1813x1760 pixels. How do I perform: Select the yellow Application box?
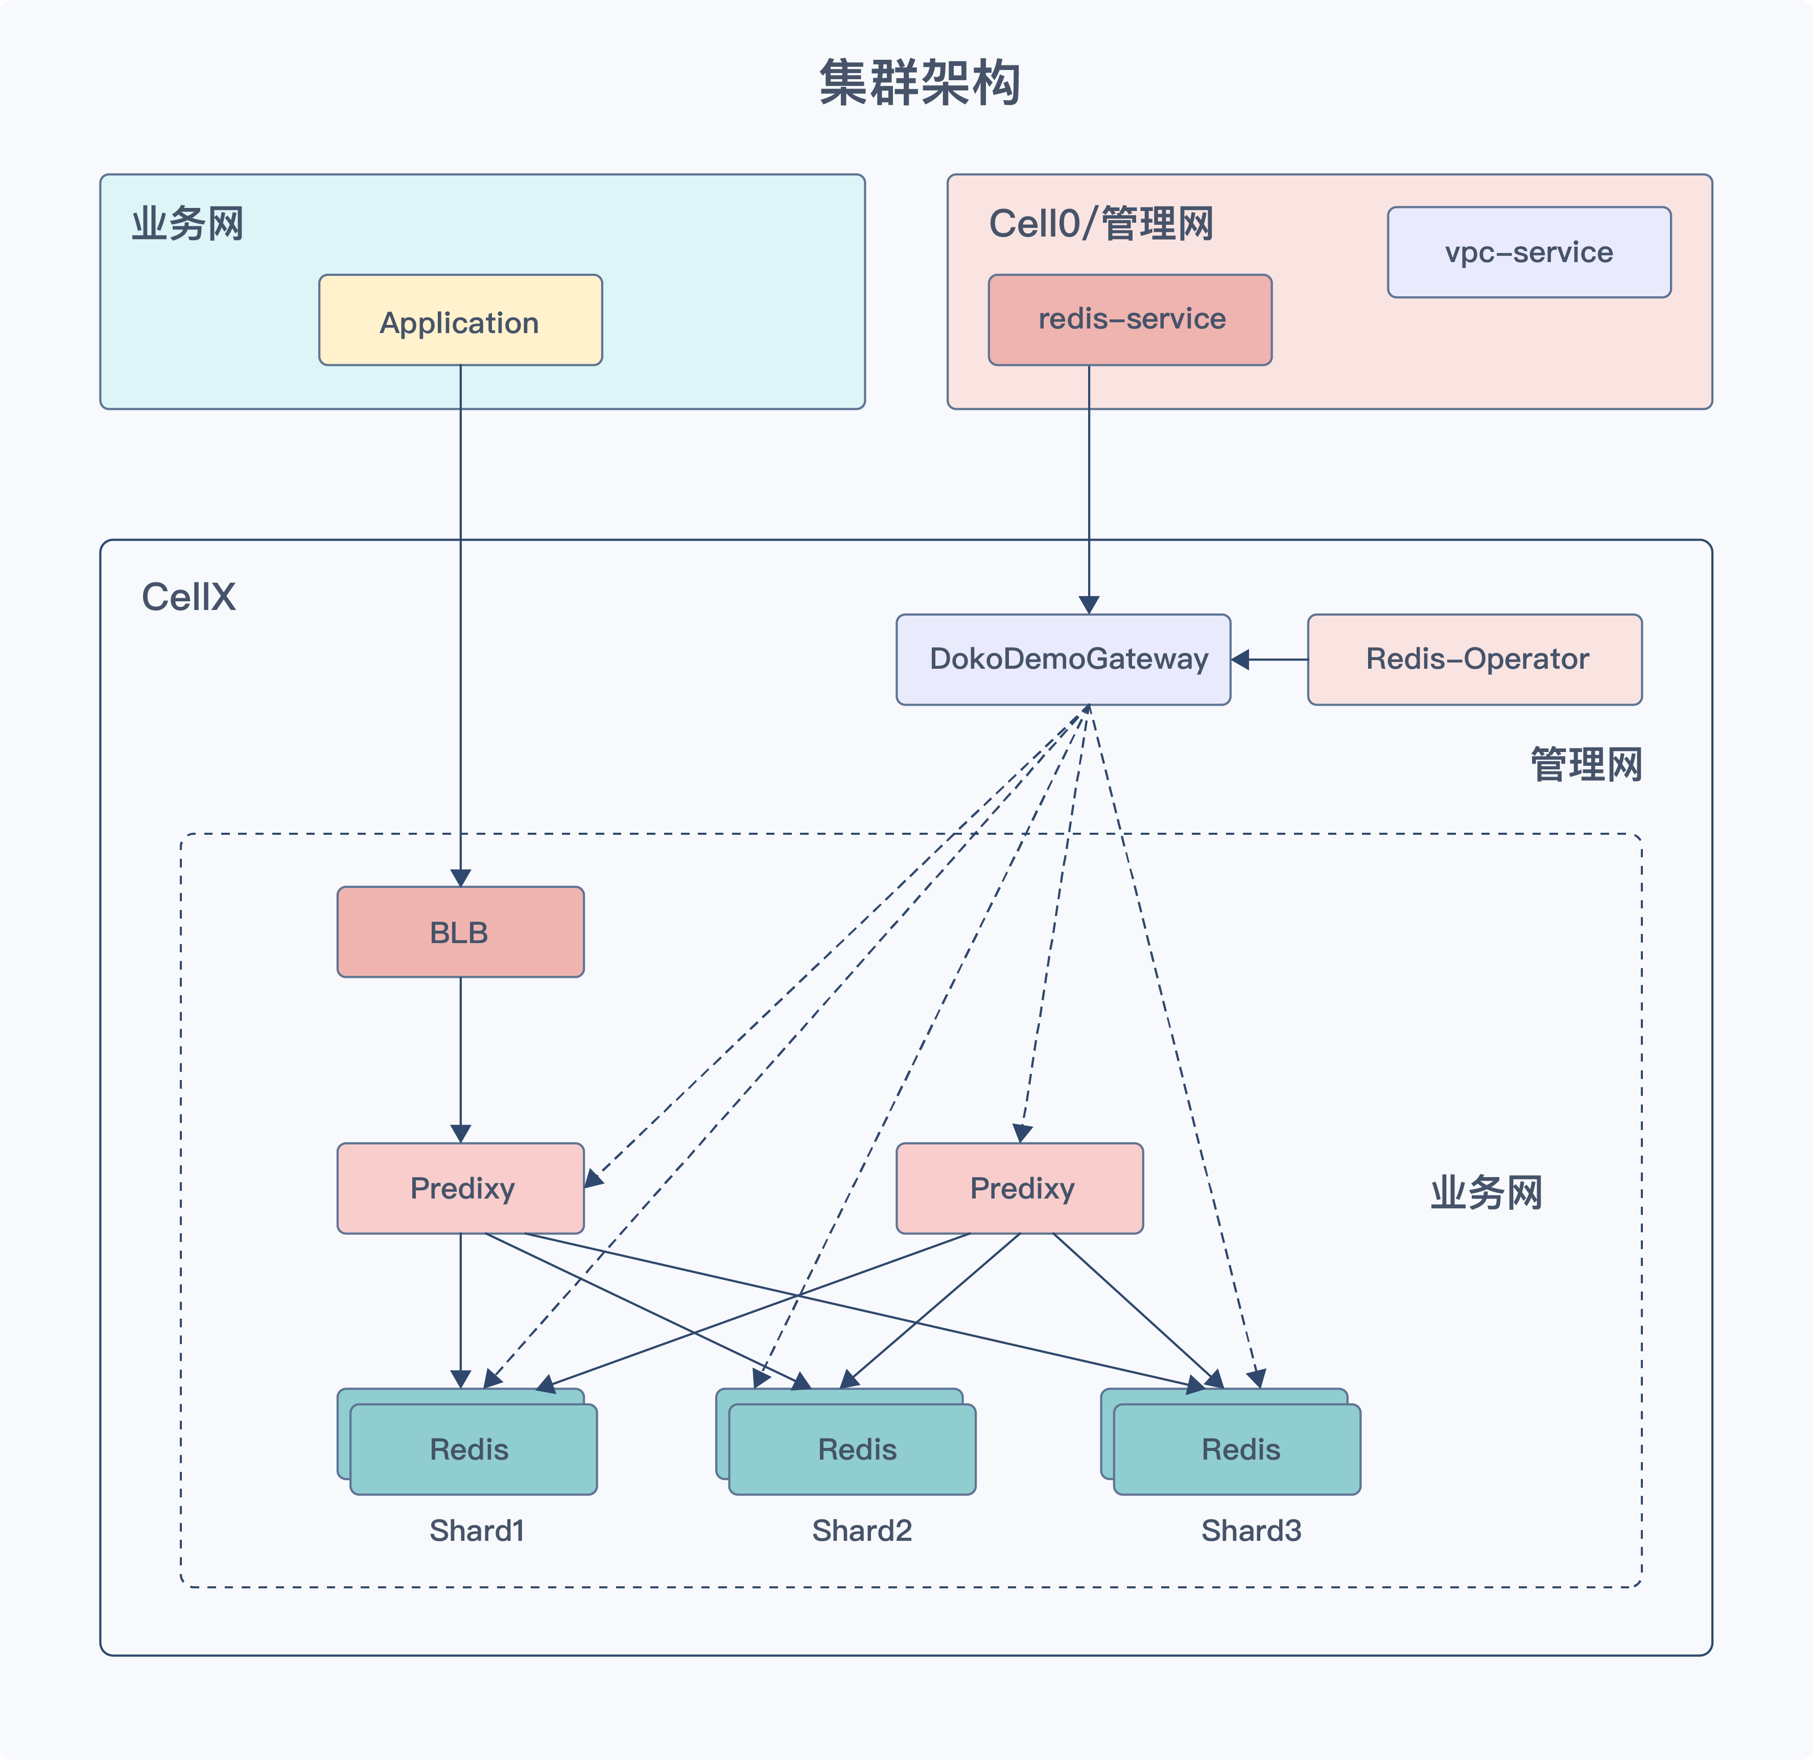(461, 320)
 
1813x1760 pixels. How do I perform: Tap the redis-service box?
(1131, 320)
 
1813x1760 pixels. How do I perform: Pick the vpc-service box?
(1529, 252)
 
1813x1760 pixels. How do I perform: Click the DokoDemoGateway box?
(1064, 660)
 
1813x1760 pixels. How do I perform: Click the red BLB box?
(461, 932)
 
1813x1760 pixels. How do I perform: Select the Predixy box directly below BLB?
(461, 1188)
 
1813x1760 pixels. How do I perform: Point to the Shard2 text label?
(862, 1531)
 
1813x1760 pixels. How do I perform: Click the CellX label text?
(189, 597)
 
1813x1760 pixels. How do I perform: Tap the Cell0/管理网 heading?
(1101, 224)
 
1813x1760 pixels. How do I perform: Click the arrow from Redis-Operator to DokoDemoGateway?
(1269, 660)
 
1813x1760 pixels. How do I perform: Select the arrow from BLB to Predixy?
(461, 1060)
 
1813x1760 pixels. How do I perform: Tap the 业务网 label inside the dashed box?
(1487, 1192)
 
